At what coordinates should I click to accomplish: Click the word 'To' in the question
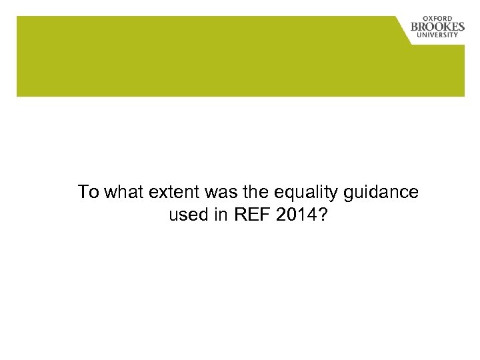pos(87,193)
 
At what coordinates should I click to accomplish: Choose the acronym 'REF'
pos(248,216)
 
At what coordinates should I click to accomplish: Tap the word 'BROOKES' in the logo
pos(437,27)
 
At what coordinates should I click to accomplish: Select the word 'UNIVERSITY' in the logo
pos(439,35)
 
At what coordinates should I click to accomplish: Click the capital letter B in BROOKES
pos(415,27)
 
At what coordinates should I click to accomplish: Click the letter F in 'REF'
pos(259,216)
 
